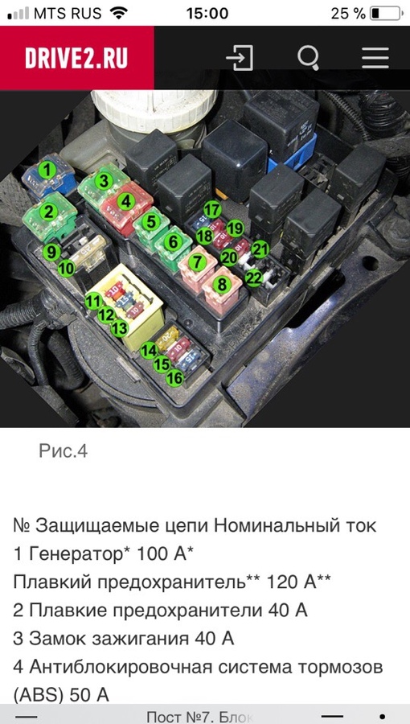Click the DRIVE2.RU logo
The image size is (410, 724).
coord(76,58)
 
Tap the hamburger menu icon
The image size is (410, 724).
coord(375,58)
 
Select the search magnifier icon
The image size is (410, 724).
coord(308,58)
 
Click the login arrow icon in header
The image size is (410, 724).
coord(240,58)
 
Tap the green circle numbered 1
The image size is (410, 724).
coord(47,171)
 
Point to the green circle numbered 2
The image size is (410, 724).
coord(48,212)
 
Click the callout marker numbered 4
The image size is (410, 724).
coord(125,202)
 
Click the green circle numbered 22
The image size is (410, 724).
coord(253,278)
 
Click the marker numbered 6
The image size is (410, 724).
coord(172,240)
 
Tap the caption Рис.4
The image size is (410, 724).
coord(63,450)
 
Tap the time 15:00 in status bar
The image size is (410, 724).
coord(206,14)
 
